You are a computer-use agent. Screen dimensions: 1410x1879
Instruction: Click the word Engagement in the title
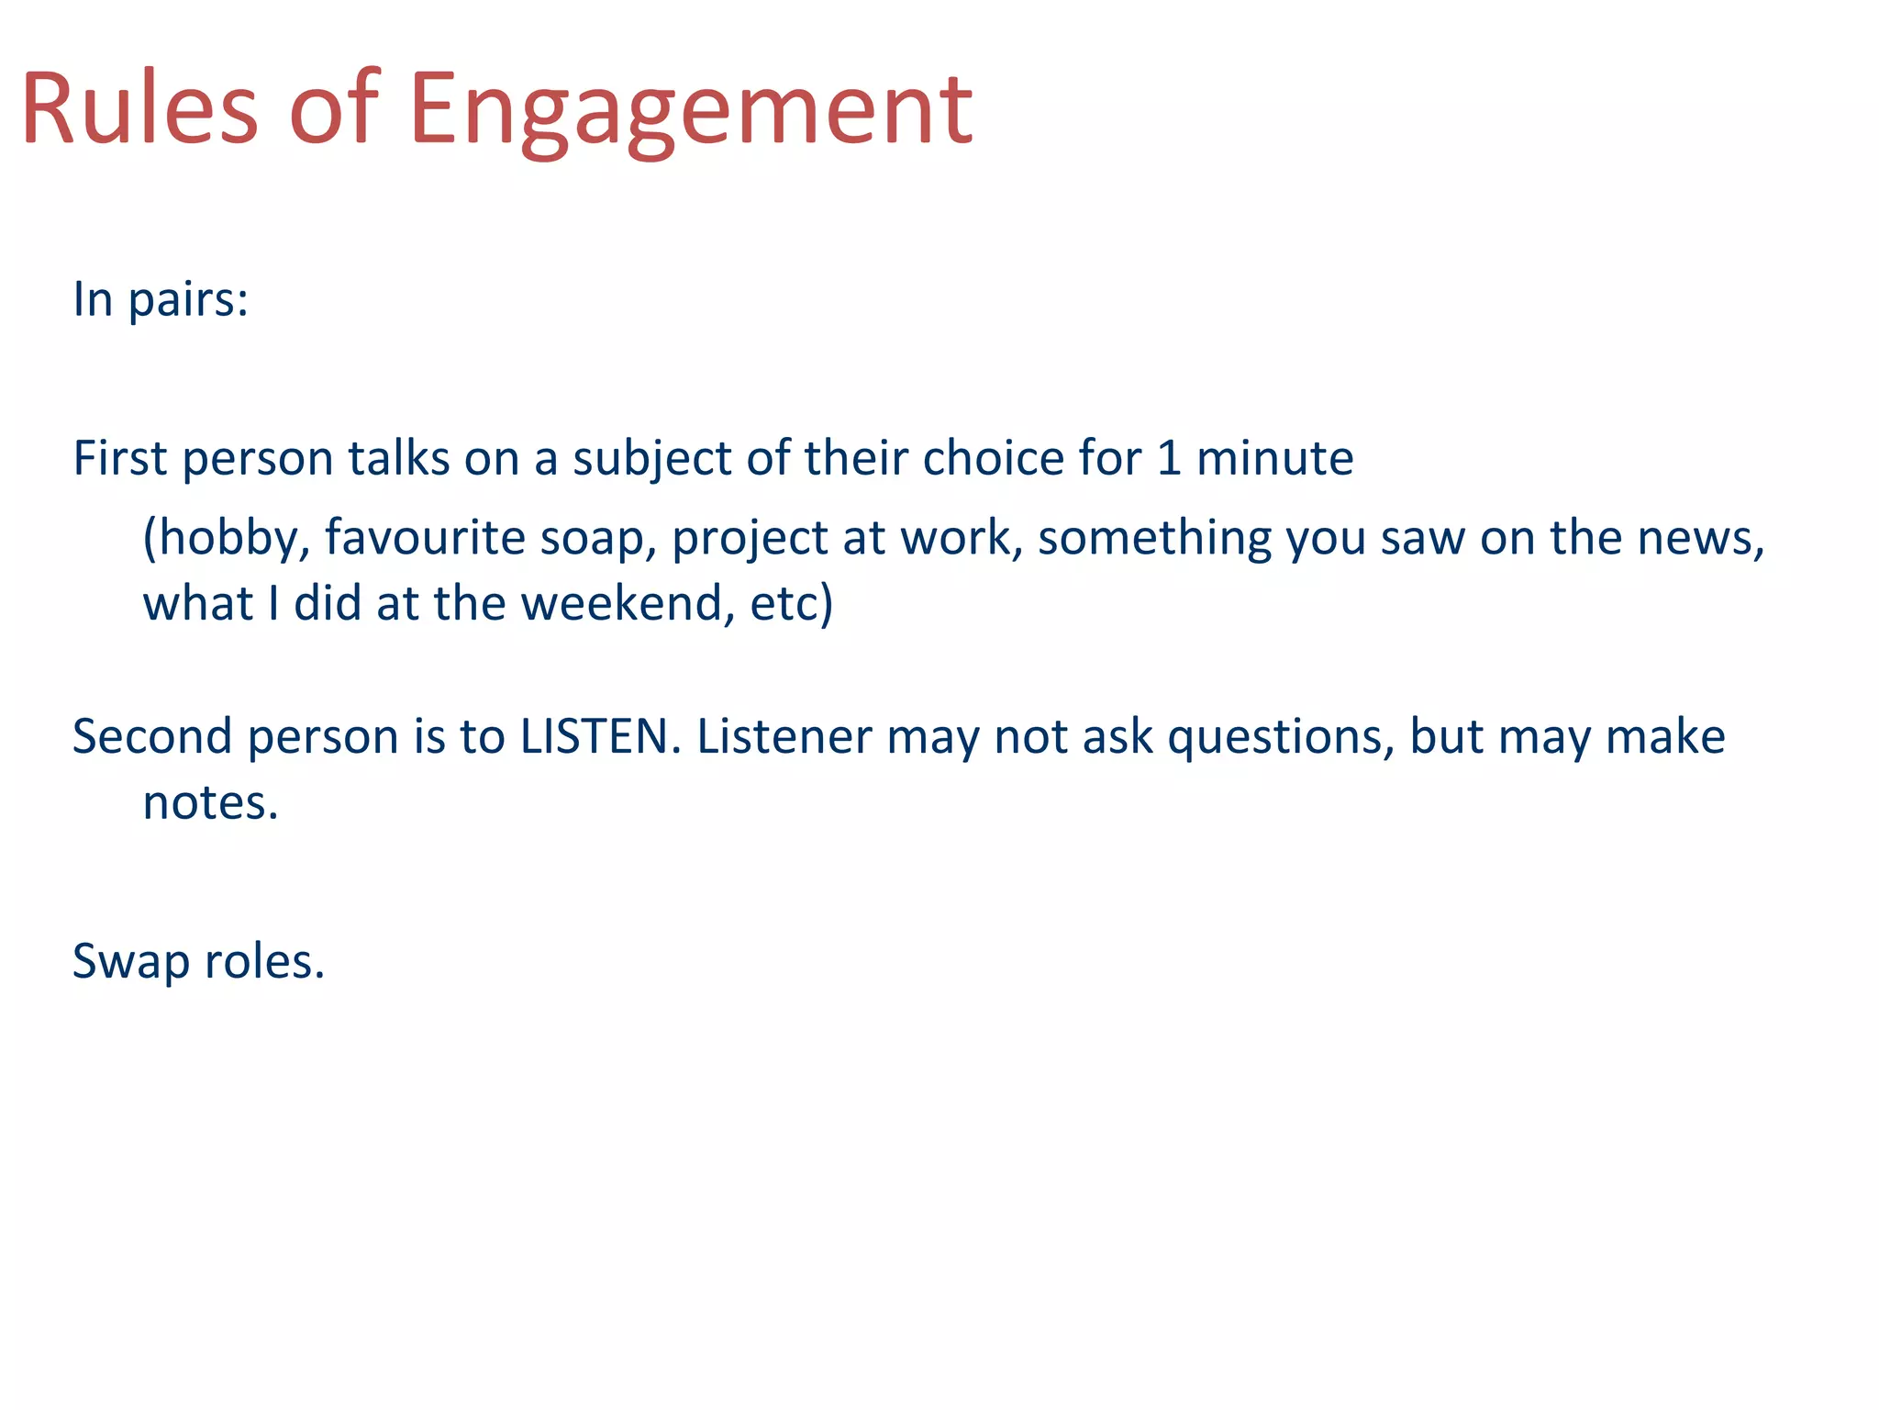click(690, 110)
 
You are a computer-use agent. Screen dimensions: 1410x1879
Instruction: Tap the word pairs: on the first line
click(188, 301)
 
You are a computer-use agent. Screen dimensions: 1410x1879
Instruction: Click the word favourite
click(424, 537)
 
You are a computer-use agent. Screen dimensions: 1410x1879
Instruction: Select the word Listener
click(784, 736)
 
